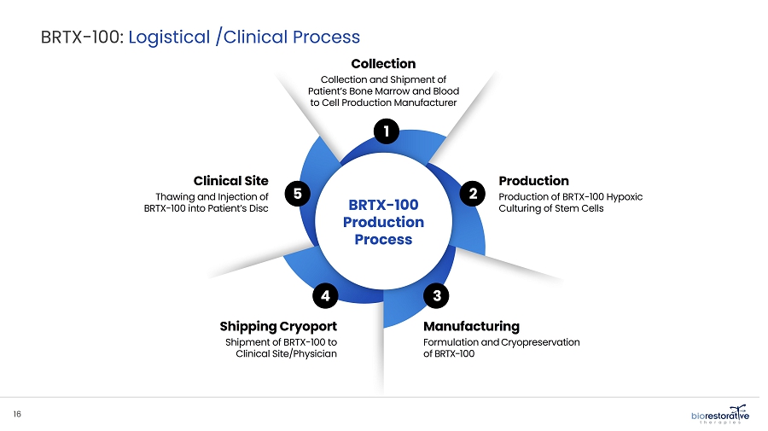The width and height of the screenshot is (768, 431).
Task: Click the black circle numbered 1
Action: pyautogui.click(x=387, y=131)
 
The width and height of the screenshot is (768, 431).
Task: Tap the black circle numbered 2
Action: pyautogui.click(x=472, y=195)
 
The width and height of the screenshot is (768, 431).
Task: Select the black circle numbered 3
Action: pyautogui.click(x=436, y=296)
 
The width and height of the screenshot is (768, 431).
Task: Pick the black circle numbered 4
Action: pyautogui.click(x=325, y=296)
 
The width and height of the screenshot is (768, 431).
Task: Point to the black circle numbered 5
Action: pyautogui.click(x=296, y=195)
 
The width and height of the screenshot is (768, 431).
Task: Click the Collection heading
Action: pyautogui.click(x=383, y=64)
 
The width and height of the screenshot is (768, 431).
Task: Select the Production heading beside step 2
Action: pyautogui.click(x=533, y=181)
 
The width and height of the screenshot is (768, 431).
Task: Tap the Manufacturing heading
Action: pyautogui.click(x=471, y=326)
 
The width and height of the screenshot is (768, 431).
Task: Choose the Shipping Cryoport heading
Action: pyautogui.click(x=278, y=326)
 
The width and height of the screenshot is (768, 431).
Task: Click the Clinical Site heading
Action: pyautogui.click(x=230, y=181)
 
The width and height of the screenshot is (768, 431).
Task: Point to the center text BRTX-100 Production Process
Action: pyautogui.click(x=383, y=222)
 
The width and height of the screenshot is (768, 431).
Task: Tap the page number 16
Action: pyautogui.click(x=17, y=414)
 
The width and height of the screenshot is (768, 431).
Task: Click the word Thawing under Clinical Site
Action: pyautogui.click(x=176, y=196)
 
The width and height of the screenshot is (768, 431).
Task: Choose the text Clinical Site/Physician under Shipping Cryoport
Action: pyautogui.click(x=286, y=355)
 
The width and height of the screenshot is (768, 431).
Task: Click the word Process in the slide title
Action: pyautogui.click(x=327, y=37)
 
